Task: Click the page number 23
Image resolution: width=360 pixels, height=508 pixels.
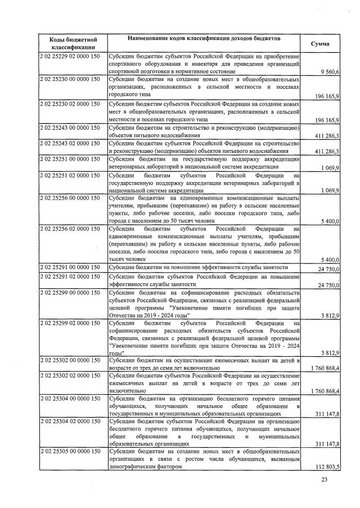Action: point(323,479)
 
